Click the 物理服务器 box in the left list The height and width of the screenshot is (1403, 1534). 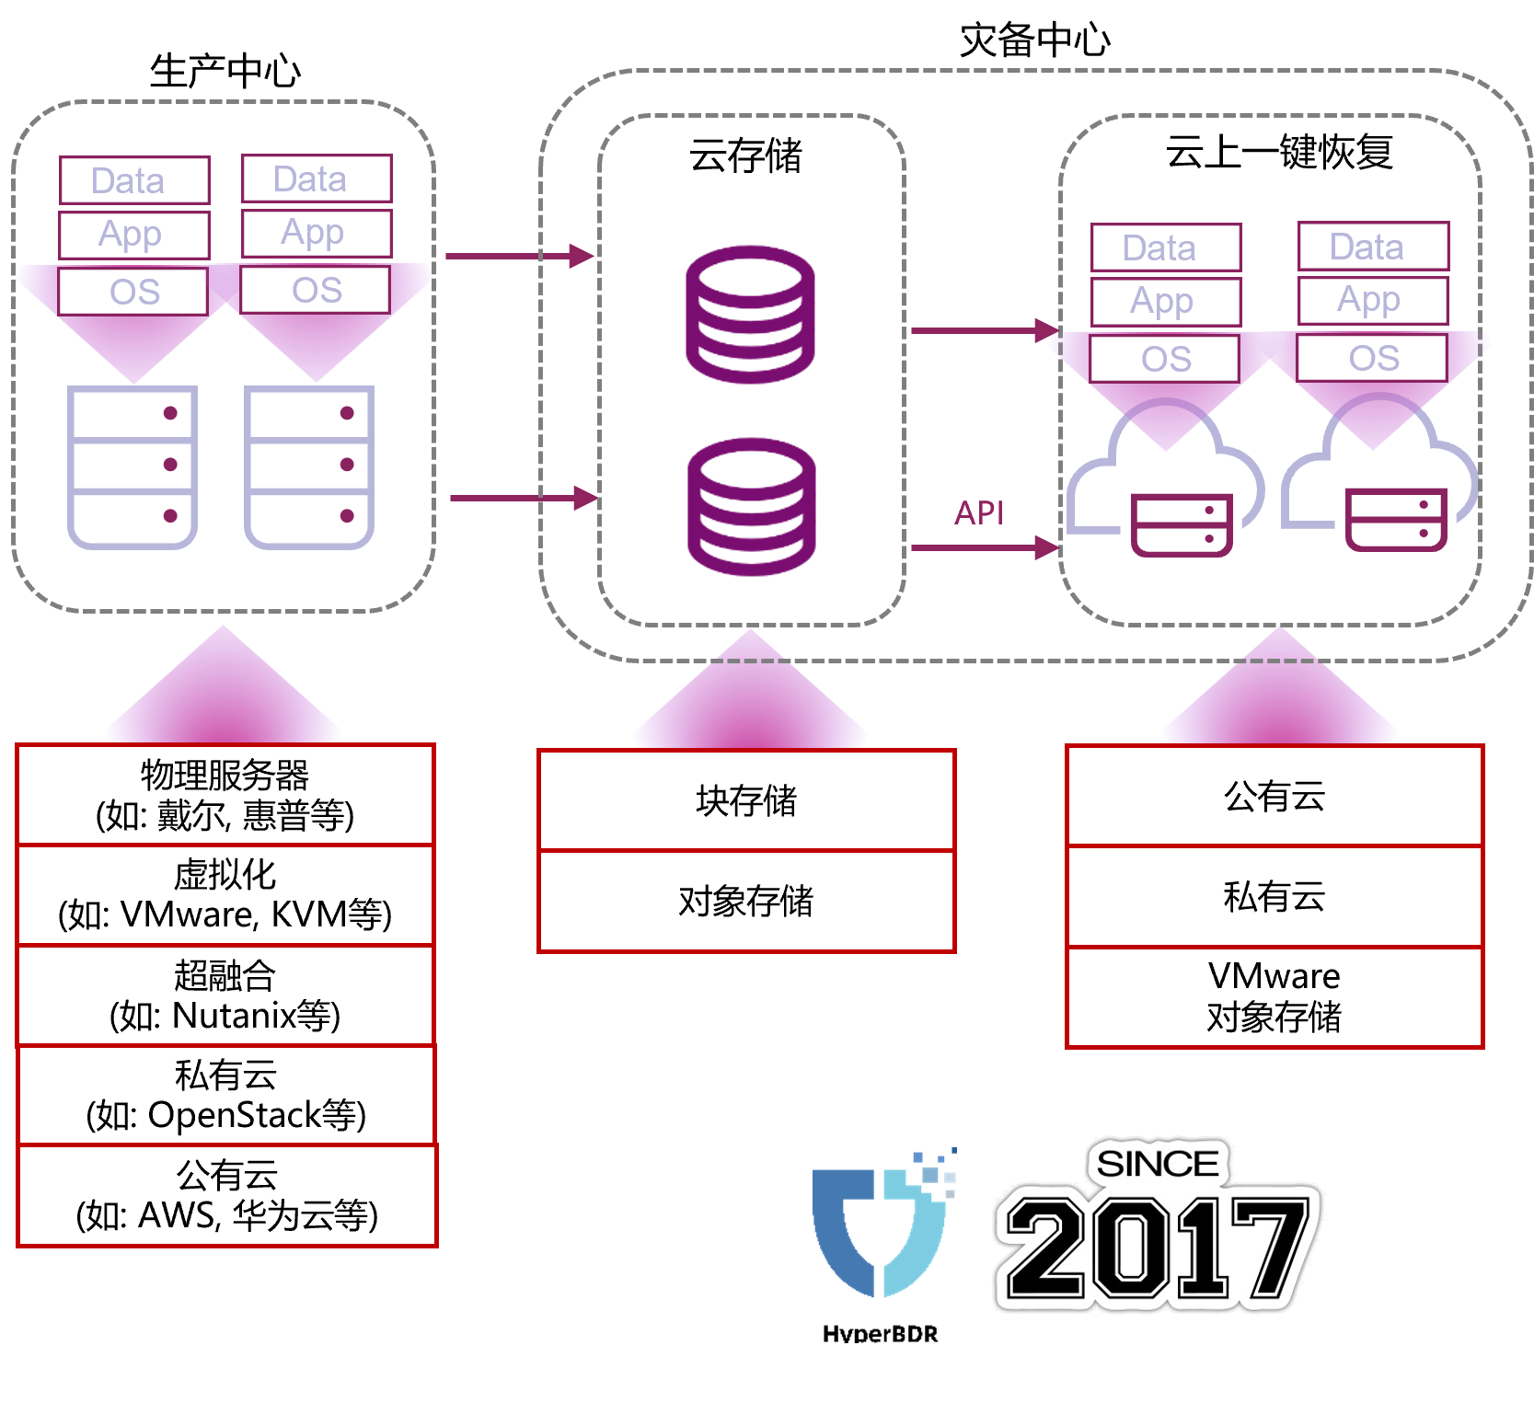(225, 795)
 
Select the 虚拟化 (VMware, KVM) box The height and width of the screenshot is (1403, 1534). (225, 895)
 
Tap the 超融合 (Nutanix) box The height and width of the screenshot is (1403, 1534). (225, 995)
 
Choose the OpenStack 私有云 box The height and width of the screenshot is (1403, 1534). (225, 1095)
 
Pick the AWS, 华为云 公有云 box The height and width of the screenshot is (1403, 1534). (226, 1195)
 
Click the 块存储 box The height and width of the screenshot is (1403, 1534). (746, 800)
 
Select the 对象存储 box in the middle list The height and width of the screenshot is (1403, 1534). (746, 901)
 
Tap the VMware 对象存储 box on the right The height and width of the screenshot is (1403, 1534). (1274, 996)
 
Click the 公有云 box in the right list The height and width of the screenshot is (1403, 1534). (1274, 796)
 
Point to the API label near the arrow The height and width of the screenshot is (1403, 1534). (979, 513)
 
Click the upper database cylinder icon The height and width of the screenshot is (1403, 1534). (751, 314)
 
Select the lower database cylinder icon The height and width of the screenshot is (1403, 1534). (752, 507)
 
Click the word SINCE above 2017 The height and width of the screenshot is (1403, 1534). (1158, 1164)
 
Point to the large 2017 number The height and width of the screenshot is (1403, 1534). (1158, 1247)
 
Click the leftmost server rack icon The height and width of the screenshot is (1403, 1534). (133, 467)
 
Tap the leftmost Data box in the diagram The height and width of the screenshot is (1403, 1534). (134, 180)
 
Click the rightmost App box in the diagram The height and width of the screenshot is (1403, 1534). (1373, 300)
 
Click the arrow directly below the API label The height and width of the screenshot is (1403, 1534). (983, 547)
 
